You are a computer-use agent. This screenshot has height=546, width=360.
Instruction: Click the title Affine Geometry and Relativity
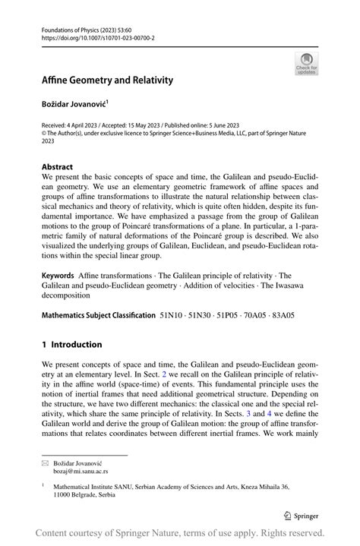(107, 80)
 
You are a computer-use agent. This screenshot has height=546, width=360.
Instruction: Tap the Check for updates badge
(306, 63)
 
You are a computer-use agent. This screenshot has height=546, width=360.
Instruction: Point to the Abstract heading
(57, 166)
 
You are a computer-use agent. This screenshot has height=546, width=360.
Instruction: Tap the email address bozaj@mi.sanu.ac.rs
(77, 470)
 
